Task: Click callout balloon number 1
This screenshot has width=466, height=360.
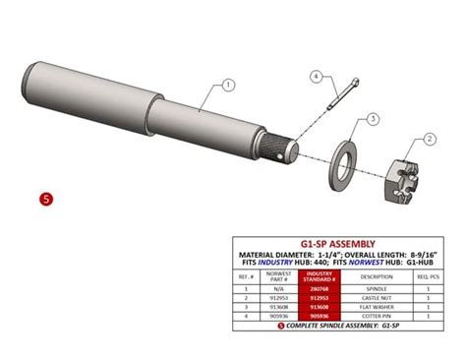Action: point(228,86)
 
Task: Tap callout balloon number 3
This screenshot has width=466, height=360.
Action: point(373,118)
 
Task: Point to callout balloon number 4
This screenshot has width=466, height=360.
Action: point(318,76)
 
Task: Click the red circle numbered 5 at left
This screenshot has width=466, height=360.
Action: point(46,198)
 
